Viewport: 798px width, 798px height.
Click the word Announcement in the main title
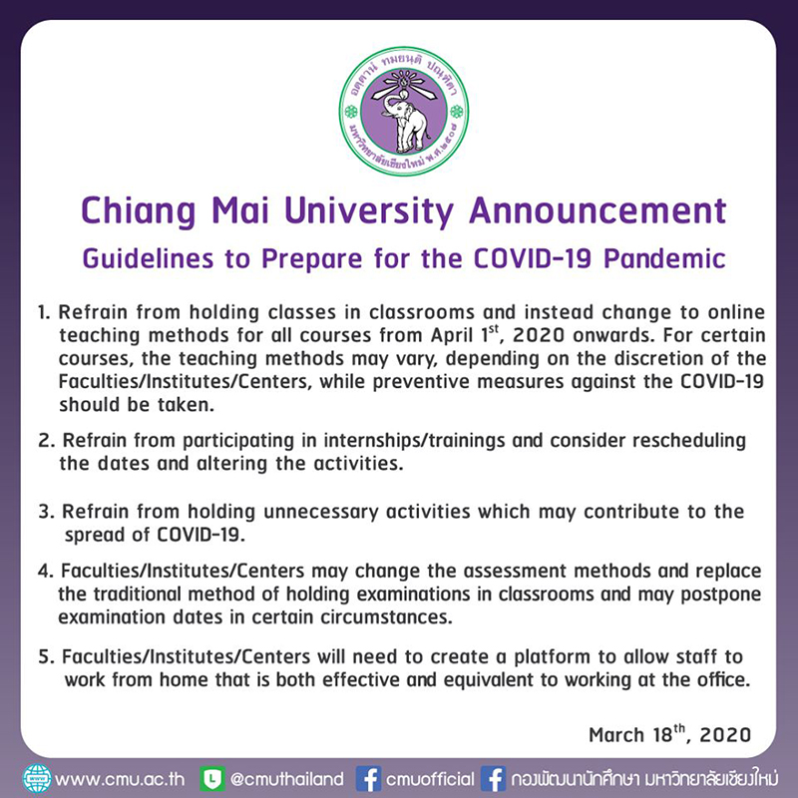point(598,210)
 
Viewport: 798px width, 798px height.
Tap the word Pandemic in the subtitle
point(664,258)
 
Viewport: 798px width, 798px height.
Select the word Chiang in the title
point(138,211)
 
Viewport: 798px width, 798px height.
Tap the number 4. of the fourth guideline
point(46,571)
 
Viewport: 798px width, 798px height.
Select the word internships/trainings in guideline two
point(414,441)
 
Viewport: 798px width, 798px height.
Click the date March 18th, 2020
point(669,734)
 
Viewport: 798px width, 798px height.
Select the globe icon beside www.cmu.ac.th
point(37,779)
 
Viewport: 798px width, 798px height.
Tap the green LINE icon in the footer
point(212,779)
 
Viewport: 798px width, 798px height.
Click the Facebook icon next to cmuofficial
point(368,779)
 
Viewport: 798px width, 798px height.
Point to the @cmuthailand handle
point(287,779)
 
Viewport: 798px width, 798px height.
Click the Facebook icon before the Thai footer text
point(493,779)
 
